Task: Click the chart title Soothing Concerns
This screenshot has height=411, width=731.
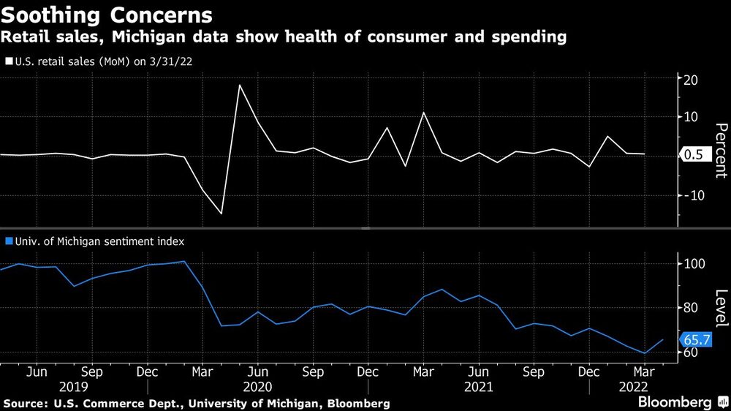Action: click(107, 15)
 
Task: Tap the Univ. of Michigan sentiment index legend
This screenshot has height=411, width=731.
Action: click(94, 240)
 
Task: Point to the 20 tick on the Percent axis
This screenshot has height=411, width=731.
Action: click(689, 79)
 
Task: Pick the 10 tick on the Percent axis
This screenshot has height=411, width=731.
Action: click(689, 117)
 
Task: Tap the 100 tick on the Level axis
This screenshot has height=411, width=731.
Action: click(692, 263)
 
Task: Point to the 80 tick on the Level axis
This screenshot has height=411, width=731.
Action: click(689, 308)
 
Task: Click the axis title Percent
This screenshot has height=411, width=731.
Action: click(720, 151)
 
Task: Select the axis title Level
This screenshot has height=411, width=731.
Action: click(720, 308)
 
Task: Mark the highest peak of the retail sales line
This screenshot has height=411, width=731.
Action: click(239, 85)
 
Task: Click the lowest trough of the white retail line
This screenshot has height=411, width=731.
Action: click(221, 214)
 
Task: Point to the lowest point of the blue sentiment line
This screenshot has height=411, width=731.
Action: click(644, 353)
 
